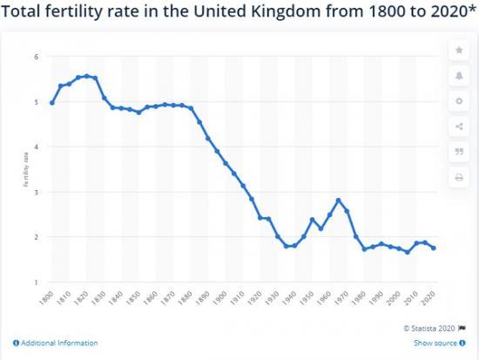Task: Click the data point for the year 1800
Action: click(52, 103)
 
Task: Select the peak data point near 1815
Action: click(86, 76)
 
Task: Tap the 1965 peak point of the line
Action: click(339, 200)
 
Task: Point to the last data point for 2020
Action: click(433, 248)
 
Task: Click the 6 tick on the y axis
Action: click(37, 57)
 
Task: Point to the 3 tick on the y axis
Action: click(37, 192)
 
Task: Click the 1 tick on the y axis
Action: click(37, 282)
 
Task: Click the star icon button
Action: click(459, 50)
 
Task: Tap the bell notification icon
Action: click(459, 76)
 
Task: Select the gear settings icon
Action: click(459, 101)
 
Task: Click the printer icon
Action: click(459, 178)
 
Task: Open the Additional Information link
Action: click(56, 343)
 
